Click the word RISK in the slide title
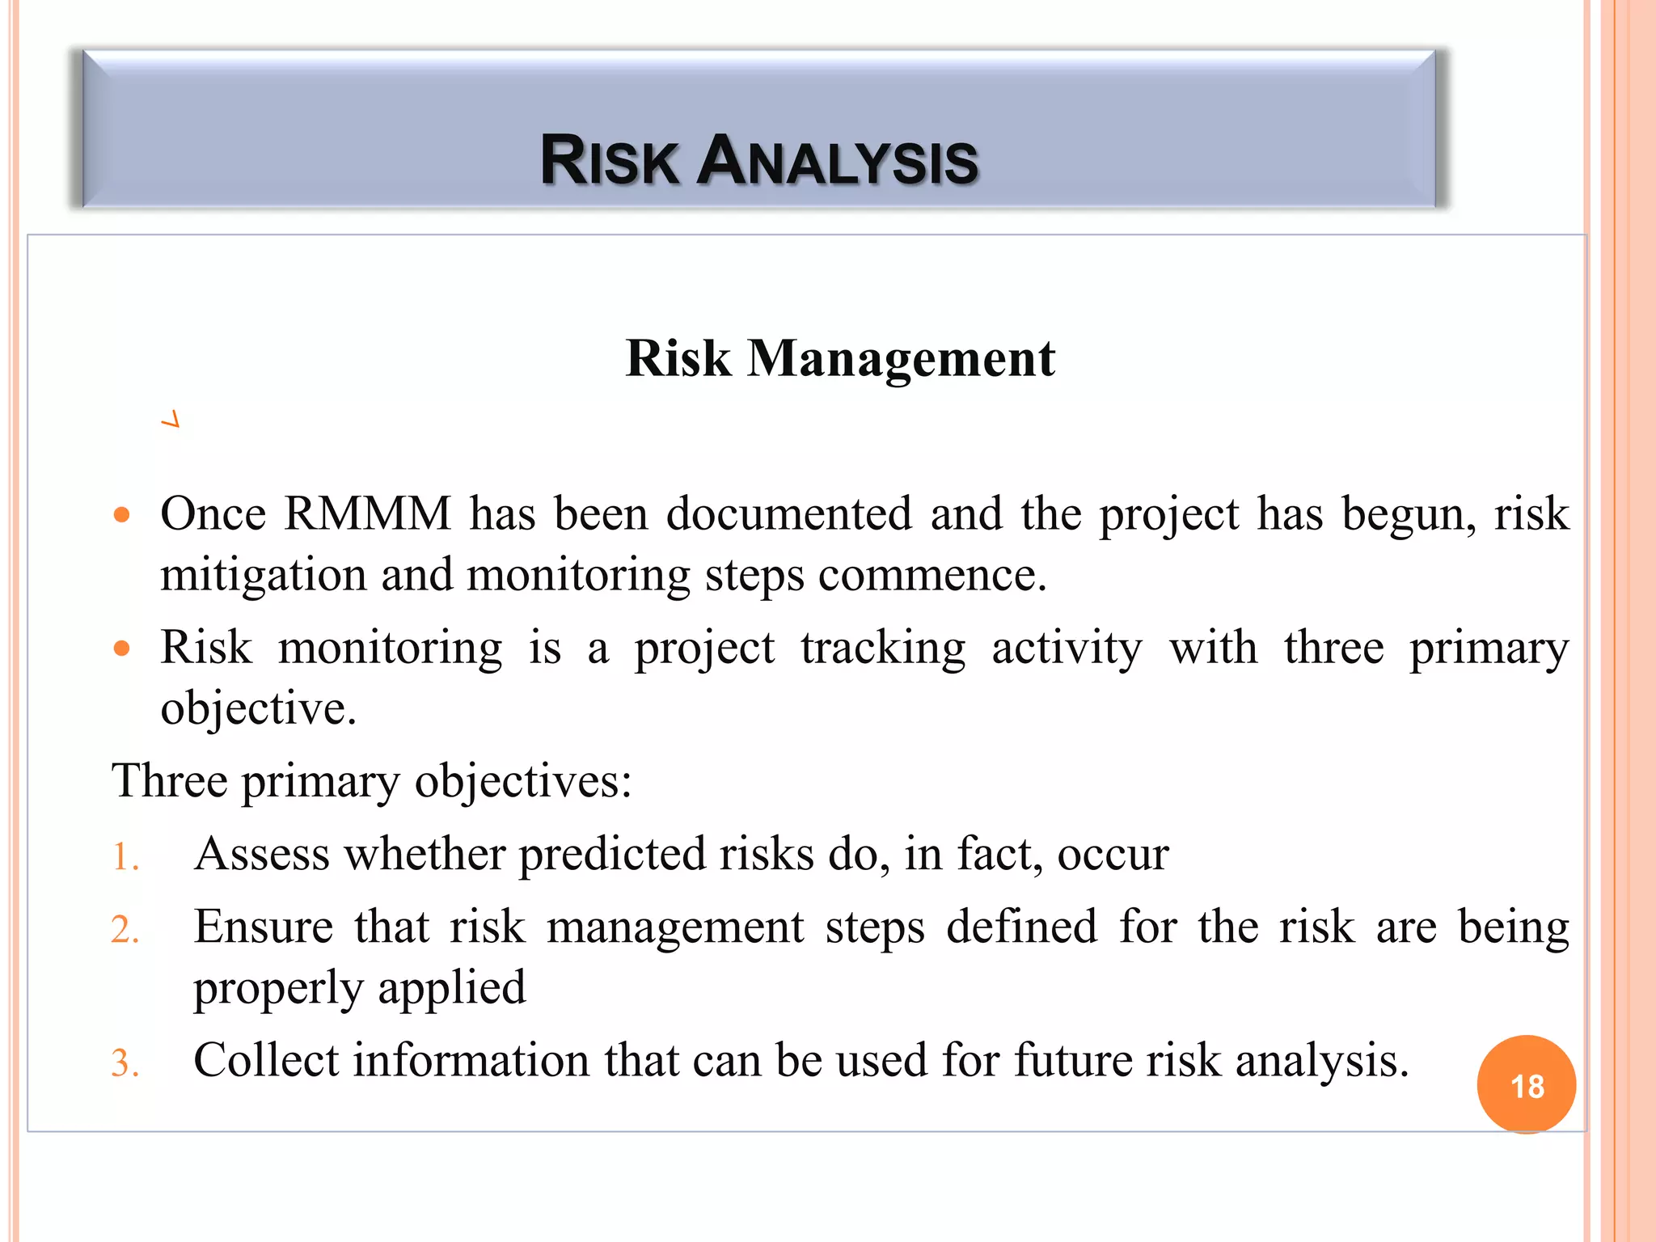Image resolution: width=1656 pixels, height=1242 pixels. click(x=609, y=161)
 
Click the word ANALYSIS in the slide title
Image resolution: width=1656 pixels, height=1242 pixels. click(x=838, y=161)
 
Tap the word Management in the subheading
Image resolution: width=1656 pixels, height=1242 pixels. click(x=901, y=358)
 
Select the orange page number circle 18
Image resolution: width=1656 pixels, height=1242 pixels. click(x=1526, y=1085)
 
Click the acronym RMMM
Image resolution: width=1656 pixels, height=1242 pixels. click(x=367, y=514)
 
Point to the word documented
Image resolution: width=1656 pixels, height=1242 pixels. click(x=788, y=514)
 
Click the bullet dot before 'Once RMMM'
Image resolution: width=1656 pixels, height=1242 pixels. click(x=122, y=515)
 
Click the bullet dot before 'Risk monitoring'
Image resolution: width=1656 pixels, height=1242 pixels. click(x=122, y=648)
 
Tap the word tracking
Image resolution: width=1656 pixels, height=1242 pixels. click(x=883, y=648)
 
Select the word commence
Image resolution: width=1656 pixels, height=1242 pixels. click(x=931, y=576)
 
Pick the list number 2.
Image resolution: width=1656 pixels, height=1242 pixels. click(x=125, y=930)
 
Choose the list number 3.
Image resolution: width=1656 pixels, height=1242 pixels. click(x=125, y=1063)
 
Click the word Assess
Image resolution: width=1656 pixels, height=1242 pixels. click(x=261, y=854)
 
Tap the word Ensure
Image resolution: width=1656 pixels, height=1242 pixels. click(x=263, y=927)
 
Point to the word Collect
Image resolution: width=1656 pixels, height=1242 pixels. click(x=266, y=1060)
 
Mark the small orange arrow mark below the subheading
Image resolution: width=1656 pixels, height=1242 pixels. click(x=171, y=420)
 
